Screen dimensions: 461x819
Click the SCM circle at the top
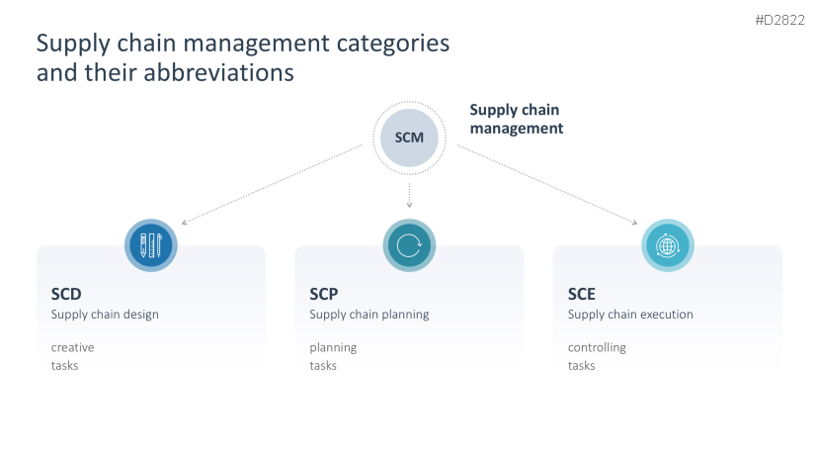[x=409, y=137]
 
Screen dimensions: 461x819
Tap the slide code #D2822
[x=780, y=20]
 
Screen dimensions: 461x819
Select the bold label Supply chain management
[x=516, y=120]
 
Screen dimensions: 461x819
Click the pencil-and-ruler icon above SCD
[x=150, y=244]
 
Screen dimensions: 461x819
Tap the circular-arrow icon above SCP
[x=409, y=244]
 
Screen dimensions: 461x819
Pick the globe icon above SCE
[x=668, y=244]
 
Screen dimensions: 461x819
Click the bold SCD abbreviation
[x=66, y=294]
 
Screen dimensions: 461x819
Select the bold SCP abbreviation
[x=324, y=294]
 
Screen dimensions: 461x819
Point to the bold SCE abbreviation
[x=582, y=294]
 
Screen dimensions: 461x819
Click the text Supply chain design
[x=105, y=315]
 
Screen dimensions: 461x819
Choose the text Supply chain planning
[x=369, y=315]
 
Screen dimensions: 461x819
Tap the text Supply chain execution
[x=630, y=315]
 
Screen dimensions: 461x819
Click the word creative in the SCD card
[x=73, y=347]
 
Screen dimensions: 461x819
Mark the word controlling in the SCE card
[x=597, y=347]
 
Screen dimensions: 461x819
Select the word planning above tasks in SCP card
[x=333, y=347]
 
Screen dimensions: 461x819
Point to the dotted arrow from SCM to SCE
[x=546, y=184]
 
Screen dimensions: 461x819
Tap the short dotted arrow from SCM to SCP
[x=409, y=194]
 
